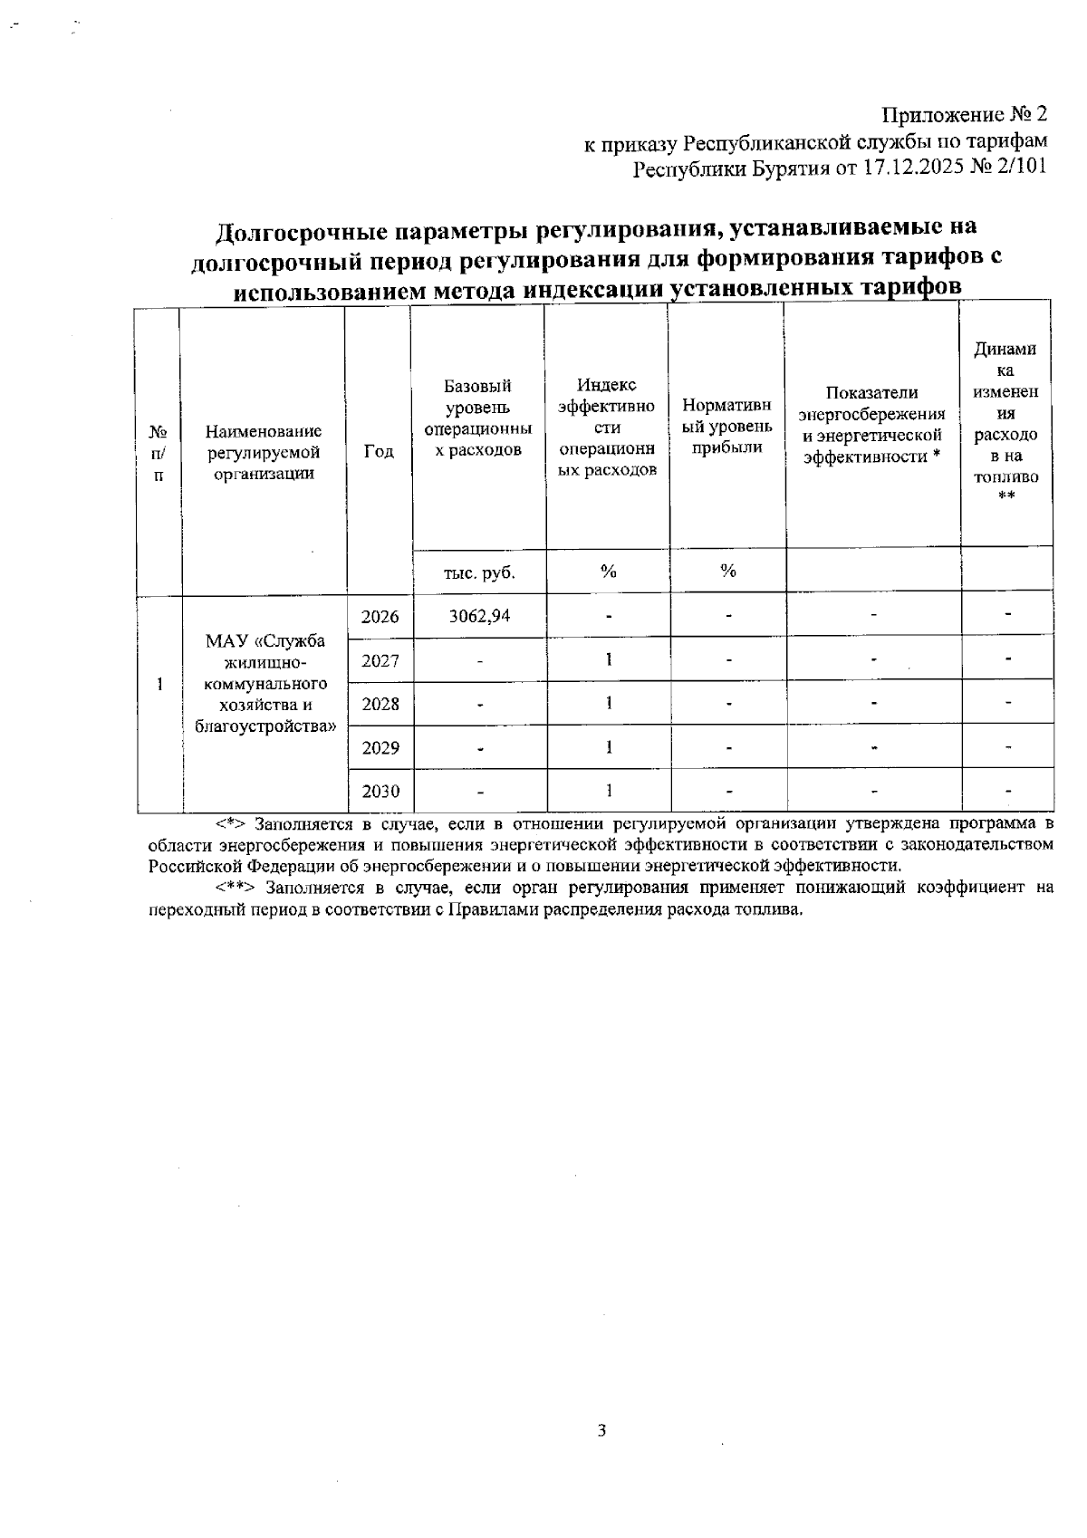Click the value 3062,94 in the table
click(x=479, y=616)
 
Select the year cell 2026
click(x=380, y=617)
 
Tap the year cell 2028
click(x=380, y=704)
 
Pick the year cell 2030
click(x=380, y=792)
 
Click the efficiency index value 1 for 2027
click(x=609, y=660)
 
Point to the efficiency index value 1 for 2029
click(x=609, y=747)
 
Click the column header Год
click(x=379, y=451)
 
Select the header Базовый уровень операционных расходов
click(x=478, y=418)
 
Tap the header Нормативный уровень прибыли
click(x=726, y=426)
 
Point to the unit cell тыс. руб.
click(x=478, y=572)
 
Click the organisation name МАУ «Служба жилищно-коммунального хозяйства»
click(x=265, y=683)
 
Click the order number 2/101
click(x=1019, y=169)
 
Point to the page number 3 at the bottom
click(x=601, y=1431)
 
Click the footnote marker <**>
click(x=236, y=888)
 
